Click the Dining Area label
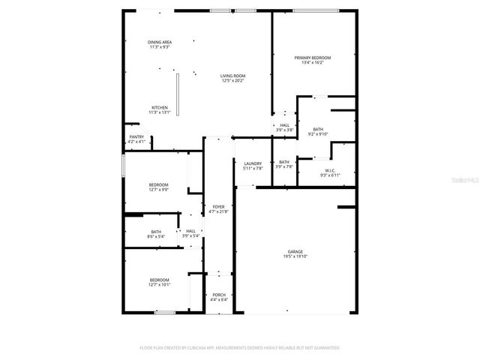click(160, 42)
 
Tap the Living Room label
click(232, 76)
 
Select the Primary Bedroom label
click(312, 58)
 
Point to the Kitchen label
click(160, 107)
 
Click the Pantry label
click(136, 136)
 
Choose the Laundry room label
click(253, 163)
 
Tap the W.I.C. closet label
click(330, 170)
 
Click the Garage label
click(295, 251)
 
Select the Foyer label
click(218, 206)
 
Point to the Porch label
click(219, 295)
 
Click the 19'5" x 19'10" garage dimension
click(295, 256)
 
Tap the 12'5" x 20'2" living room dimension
click(232, 81)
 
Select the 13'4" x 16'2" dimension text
click(312, 63)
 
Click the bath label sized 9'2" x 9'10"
click(318, 129)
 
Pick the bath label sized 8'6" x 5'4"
click(156, 232)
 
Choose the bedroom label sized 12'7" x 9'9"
click(158, 184)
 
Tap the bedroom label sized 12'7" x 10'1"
click(158, 280)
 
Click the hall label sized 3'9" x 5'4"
click(190, 231)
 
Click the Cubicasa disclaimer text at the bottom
click(240, 348)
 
